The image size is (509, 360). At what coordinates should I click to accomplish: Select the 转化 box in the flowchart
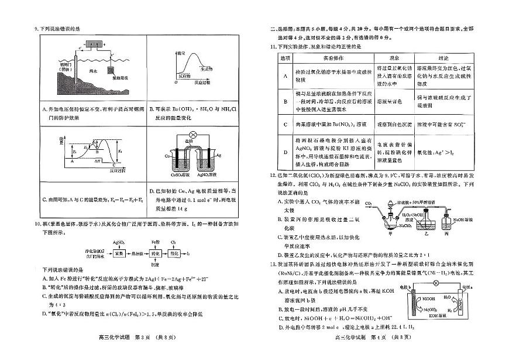(x=155, y=255)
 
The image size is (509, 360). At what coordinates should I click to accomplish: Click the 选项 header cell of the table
(x=286, y=58)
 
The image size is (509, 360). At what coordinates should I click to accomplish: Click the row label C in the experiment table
(x=286, y=124)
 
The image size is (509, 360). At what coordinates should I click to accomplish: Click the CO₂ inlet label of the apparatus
(x=369, y=203)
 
